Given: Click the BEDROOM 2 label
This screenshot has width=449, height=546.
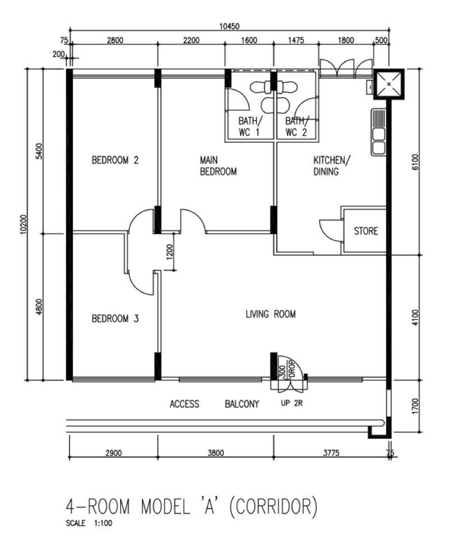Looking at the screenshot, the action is tap(115, 160).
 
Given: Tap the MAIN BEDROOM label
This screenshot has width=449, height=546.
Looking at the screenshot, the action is tap(218, 166).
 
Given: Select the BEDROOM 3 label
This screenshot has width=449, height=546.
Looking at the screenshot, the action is tap(115, 319).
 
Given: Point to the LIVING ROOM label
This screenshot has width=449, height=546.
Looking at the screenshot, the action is tap(271, 314).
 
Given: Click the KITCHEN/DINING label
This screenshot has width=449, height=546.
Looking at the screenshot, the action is tap(332, 166).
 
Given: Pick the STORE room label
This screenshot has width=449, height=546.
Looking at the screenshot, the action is tap(366, 231).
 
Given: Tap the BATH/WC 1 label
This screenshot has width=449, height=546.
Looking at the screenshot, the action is tap(249, 127).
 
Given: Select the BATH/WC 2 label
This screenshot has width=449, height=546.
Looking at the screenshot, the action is tap(296, 127).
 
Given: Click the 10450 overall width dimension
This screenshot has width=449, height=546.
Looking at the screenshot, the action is tap(229, 26).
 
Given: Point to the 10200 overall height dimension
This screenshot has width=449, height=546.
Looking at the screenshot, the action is tap(24, 224).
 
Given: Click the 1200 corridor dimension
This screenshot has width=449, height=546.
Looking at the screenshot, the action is tap(169, 252).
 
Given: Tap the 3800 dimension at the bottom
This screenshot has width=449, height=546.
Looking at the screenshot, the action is tap(216, 453).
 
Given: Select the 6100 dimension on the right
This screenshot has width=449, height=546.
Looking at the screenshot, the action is tap(415, 162).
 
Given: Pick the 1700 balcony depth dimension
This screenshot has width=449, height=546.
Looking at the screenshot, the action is tap(415, 406).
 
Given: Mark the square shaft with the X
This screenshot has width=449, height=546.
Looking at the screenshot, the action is tap(389, 84).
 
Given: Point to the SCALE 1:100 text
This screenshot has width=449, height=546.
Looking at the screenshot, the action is tap(89, 523).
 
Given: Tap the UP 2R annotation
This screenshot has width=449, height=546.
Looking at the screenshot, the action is tap(292, 403).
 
